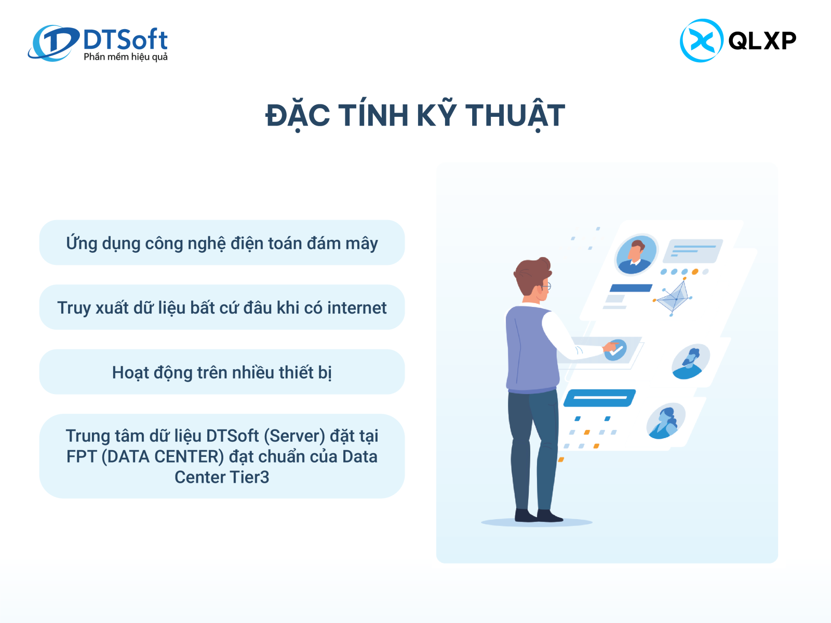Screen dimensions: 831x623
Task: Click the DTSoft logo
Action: (98, 43)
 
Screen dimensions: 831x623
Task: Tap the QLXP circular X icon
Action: (702, 40)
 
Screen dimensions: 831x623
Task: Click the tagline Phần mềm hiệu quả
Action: (126, 57)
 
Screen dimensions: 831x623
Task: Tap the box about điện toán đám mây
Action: (222, 242)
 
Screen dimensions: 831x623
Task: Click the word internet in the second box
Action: (357, 307)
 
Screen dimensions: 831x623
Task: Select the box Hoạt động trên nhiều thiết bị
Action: (222, 372)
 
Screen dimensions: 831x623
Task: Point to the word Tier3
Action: (249, 477)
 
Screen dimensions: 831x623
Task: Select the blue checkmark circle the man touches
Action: (615, 350)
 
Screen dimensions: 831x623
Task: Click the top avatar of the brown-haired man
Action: (636, 254)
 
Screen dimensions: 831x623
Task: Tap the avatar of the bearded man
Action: (690, 361)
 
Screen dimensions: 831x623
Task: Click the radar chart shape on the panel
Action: (674, 297)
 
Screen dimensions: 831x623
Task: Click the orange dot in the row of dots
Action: (695, 272)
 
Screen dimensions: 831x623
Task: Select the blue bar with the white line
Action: (600, 398)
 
